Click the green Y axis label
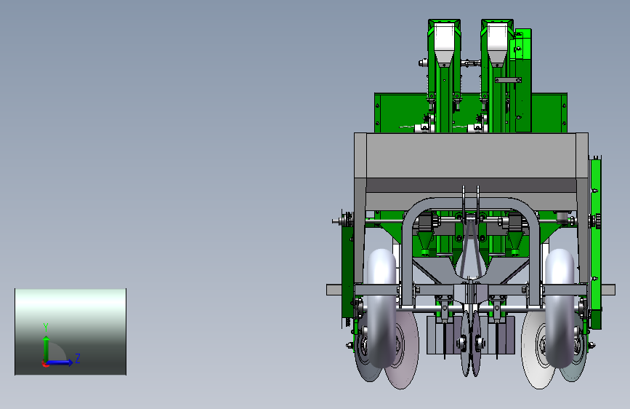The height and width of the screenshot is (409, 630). point(46,327)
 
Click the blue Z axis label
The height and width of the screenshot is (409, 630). point(78,358)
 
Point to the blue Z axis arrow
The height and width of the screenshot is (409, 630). point(60,362)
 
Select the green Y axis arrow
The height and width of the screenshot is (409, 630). point(47,349)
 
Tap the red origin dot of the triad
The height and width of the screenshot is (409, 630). point(44,364)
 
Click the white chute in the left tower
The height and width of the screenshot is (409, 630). point(444,44)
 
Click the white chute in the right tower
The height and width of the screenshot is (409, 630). point(498,44)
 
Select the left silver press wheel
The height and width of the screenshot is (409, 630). point(381,308)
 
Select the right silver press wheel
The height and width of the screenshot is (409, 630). point(560,308)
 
